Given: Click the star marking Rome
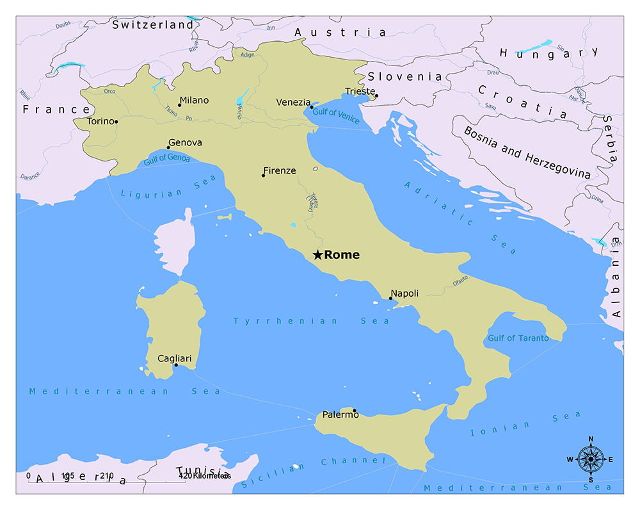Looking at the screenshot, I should [317, 255].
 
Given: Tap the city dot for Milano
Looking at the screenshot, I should [179, 105].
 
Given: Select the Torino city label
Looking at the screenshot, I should [100, 121].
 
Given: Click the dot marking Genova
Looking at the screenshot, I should [168, 147].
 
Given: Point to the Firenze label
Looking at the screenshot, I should [280, 170].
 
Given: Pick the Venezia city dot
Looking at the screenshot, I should [312, 107].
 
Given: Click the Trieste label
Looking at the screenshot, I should [359, 91].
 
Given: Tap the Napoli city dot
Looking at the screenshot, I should [390, 298].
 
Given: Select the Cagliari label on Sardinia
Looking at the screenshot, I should [174, 358].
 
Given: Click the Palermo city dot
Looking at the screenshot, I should [355, 411].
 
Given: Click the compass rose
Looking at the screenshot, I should [590, 459].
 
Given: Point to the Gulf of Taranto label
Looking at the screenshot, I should [518, 338].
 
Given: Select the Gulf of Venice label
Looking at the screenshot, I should [337, 116].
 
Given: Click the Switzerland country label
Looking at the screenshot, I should [152, 25].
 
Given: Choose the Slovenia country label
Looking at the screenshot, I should [404, 76].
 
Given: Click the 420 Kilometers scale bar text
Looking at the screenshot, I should [204, 475].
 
